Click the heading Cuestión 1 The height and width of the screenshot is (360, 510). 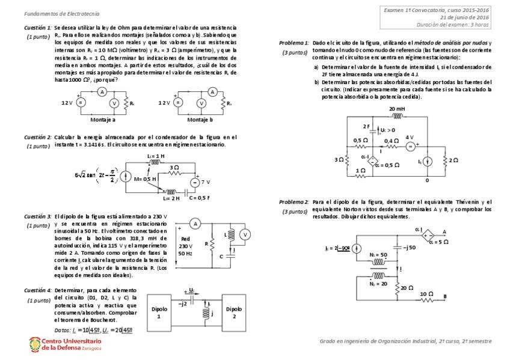37,28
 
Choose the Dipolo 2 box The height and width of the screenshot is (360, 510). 235,313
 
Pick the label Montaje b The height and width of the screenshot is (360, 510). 200,120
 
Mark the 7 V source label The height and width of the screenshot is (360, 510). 204,181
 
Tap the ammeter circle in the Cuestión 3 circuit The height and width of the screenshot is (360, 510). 194,223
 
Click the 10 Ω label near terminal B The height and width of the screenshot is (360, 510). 425,293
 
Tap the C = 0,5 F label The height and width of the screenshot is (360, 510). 199,198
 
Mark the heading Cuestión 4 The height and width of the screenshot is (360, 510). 37,290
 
